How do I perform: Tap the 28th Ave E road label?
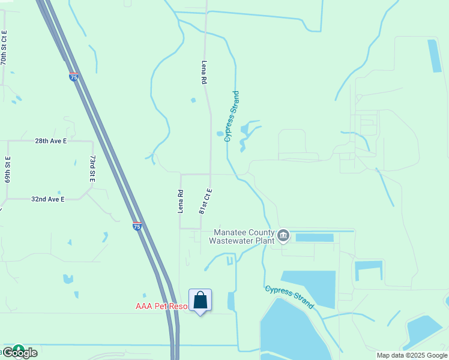pyautogui.click(x=50, y=141)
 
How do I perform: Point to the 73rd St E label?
pyautogui.click(x=92, y=169)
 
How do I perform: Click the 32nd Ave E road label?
pyautogui.click(x=48, y=199)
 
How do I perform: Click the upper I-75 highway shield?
pyautogui.click(x=73, y=77)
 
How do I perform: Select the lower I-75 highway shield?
pyautogui.click(x=137, y=226)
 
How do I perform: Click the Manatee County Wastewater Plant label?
pyautogui.click(x=241, y=236)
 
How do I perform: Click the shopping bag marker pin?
pyautogui.click(x=200, y=301)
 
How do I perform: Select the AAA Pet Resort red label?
pyautogui.click(x=161, y=306)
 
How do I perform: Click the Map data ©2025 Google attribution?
pyautogui.click(x=412, y=355)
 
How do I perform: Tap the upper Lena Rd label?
pyautogui.click(x=204, y=71)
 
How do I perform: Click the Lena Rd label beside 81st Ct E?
pyautogui.click(x=180, y=202)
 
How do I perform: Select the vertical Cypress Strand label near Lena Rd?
pyautogui.click(x=232, y=116)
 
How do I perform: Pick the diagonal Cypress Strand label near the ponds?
pyautogui.click(x=289, y=296)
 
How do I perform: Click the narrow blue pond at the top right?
pyautogui.click(x=434, y=56)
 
